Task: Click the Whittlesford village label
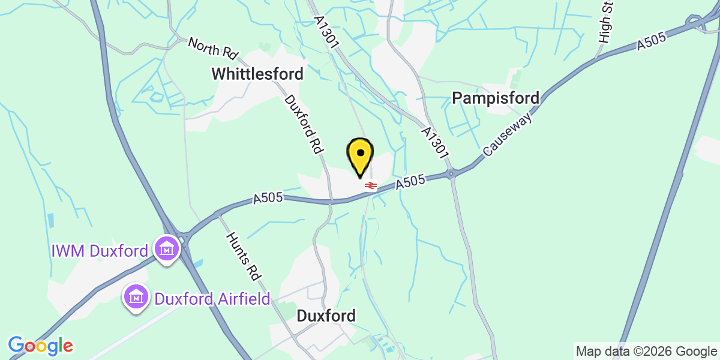click(x=257, y=74)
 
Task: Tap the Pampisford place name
click(x=496, y=98)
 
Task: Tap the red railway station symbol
click(x=371, y=185)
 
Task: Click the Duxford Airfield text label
click(x=212, y=298)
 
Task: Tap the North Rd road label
click(x=213, y=49)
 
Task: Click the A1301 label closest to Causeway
click(x=435, y=142)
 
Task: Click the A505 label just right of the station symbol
click(x=410, y=182)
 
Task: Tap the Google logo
click(x=40, y=346)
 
